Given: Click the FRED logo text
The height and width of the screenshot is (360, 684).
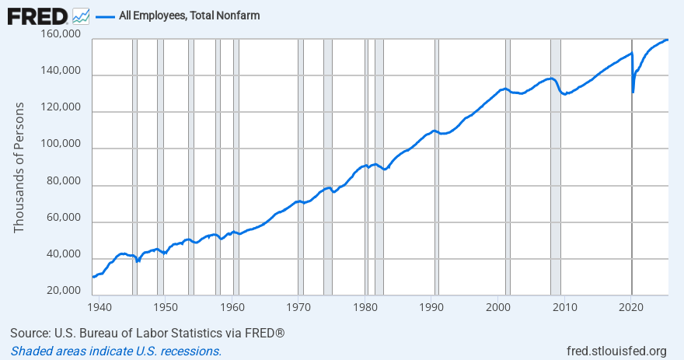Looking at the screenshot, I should coord(37,15).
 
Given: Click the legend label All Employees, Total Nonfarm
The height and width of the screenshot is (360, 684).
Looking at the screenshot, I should coord(189,16).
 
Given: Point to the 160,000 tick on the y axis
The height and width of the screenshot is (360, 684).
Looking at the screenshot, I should coord(63,35).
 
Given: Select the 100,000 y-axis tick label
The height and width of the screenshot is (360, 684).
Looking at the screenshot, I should coord(63,145).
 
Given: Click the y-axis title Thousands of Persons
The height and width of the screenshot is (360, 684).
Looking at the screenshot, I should coord(19,167).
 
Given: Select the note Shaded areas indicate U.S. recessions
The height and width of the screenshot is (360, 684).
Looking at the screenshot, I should coord(116,351).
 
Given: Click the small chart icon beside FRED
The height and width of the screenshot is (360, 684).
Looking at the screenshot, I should coord(81,16).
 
